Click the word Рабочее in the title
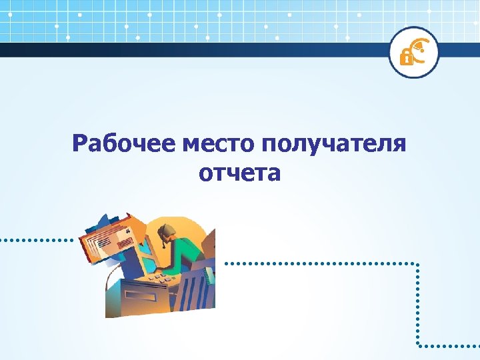pos(123,143)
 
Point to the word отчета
pos(239,173)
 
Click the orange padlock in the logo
pos(405,57)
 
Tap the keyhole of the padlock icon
pos(405,59)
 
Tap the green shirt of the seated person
pos(190,250)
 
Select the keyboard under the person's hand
pos(160,275)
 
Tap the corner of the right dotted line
pos(418,263)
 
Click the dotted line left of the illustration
pos(37,239)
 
